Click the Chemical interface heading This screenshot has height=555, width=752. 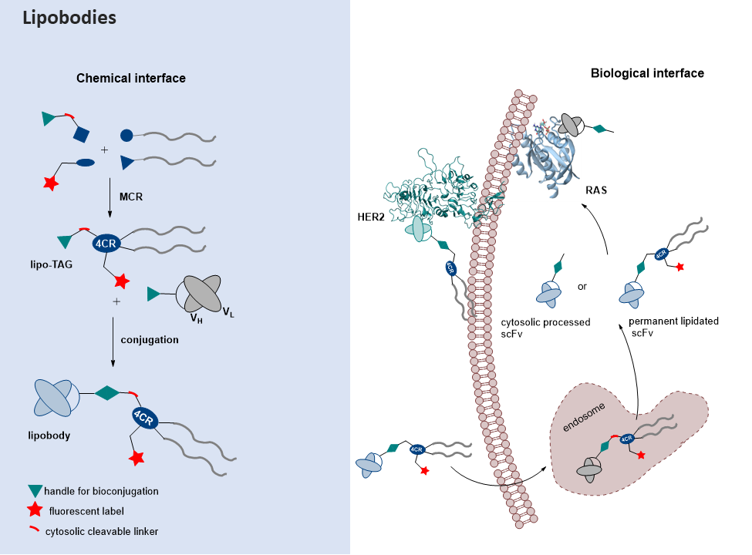click(x=130, y=79)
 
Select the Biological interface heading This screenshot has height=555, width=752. click(x=647, y=73)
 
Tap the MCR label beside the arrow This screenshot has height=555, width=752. click(x=131, y=197)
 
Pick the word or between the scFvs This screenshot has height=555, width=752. click(x=582, y=287)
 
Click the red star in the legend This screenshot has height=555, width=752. click(x=34, y=510)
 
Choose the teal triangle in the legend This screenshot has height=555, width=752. click(x=34, y=491)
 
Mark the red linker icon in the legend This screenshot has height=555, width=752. click(x=34, y=530)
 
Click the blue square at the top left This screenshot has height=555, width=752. click(x=81, y=136)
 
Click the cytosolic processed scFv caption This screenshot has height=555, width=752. click(x=545, y=328)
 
